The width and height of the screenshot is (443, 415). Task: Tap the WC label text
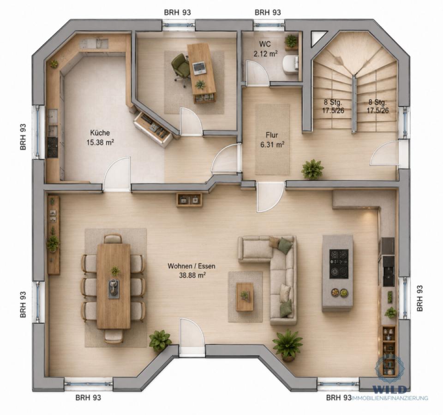click(x=265, y=44)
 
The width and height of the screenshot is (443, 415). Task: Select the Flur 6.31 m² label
click(x=272, y=140)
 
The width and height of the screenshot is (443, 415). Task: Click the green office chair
click(x=181, y=68)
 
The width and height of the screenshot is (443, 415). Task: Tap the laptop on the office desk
click(x=199, y=68)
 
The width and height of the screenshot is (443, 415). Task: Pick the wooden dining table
click(x=114, y=286)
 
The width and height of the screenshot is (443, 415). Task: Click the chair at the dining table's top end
click(x=113, y=239)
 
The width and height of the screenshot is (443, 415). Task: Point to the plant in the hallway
click(x=312, y=169)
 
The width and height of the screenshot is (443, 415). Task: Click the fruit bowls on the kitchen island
click(x=339, y=293)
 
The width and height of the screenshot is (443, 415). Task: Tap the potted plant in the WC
click(x=291, y=41)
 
